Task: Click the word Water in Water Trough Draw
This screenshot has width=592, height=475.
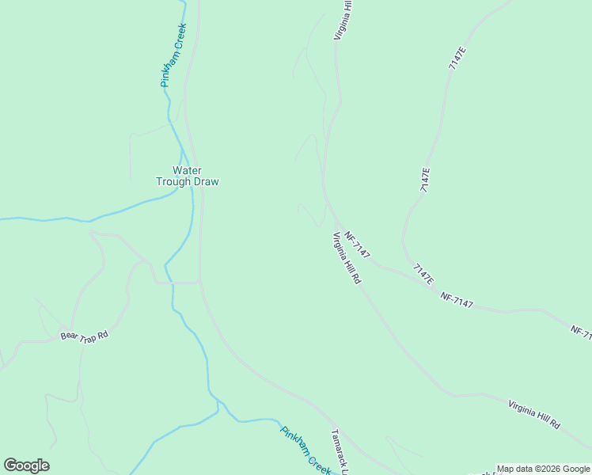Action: tap(187, 169)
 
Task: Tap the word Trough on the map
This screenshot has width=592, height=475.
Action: tap(173, 181)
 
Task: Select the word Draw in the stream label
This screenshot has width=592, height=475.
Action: tap(205, 181)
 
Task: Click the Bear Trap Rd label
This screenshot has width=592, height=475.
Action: tap(83, 335)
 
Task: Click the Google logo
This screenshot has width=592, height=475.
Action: tap(26, 465)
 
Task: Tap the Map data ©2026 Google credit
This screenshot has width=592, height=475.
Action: tap(543, 469)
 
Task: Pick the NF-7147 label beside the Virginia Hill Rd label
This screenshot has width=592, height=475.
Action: tap(358, 245)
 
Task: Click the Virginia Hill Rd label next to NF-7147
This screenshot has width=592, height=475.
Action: tap(347, 258)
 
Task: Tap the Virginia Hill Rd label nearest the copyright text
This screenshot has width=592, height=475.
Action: tap(533, 414)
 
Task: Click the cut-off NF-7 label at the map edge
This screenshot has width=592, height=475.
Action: tap(581, 332)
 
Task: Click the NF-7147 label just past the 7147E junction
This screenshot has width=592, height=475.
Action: tap(457, 300)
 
